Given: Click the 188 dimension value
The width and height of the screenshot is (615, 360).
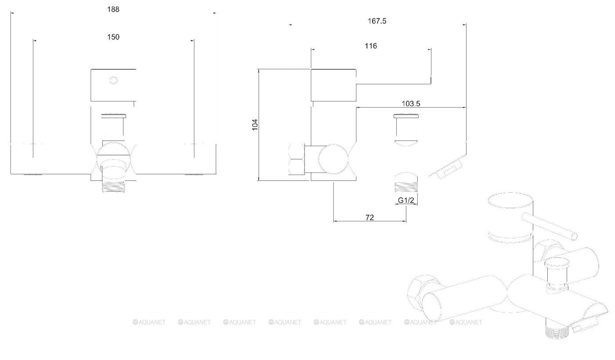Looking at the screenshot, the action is (113, 9).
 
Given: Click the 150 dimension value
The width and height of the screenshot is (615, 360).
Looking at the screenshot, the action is (113, 37).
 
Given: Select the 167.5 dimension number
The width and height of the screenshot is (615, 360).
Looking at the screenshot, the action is (377, 21).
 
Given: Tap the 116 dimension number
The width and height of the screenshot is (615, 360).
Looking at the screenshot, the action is (371, 46).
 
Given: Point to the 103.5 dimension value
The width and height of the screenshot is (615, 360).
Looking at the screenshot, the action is (411, 104).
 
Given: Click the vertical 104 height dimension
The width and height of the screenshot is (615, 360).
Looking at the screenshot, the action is (255, 125).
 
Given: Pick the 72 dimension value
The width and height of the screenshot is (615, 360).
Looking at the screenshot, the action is (369, 217).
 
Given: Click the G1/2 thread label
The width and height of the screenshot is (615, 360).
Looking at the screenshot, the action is (406, 200).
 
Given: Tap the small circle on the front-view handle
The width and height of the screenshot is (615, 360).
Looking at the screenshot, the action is (113, 80).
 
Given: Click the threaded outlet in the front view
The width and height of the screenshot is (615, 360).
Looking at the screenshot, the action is (113, 187).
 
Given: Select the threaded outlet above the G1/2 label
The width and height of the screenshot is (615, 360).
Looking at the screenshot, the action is (406, 187).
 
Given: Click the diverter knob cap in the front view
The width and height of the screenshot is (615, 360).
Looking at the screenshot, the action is (113, 116).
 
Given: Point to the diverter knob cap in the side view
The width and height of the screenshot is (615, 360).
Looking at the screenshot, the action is (406, 116).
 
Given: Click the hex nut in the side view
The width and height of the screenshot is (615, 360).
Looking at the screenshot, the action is (297, 159).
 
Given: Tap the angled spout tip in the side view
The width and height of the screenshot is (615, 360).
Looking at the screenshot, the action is (448, 167).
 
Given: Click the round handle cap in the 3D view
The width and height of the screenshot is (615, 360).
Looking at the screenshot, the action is (510, 199).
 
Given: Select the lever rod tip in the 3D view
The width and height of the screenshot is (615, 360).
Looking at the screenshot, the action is (574, 236).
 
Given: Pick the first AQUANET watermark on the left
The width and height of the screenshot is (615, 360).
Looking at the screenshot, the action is (149, 322).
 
